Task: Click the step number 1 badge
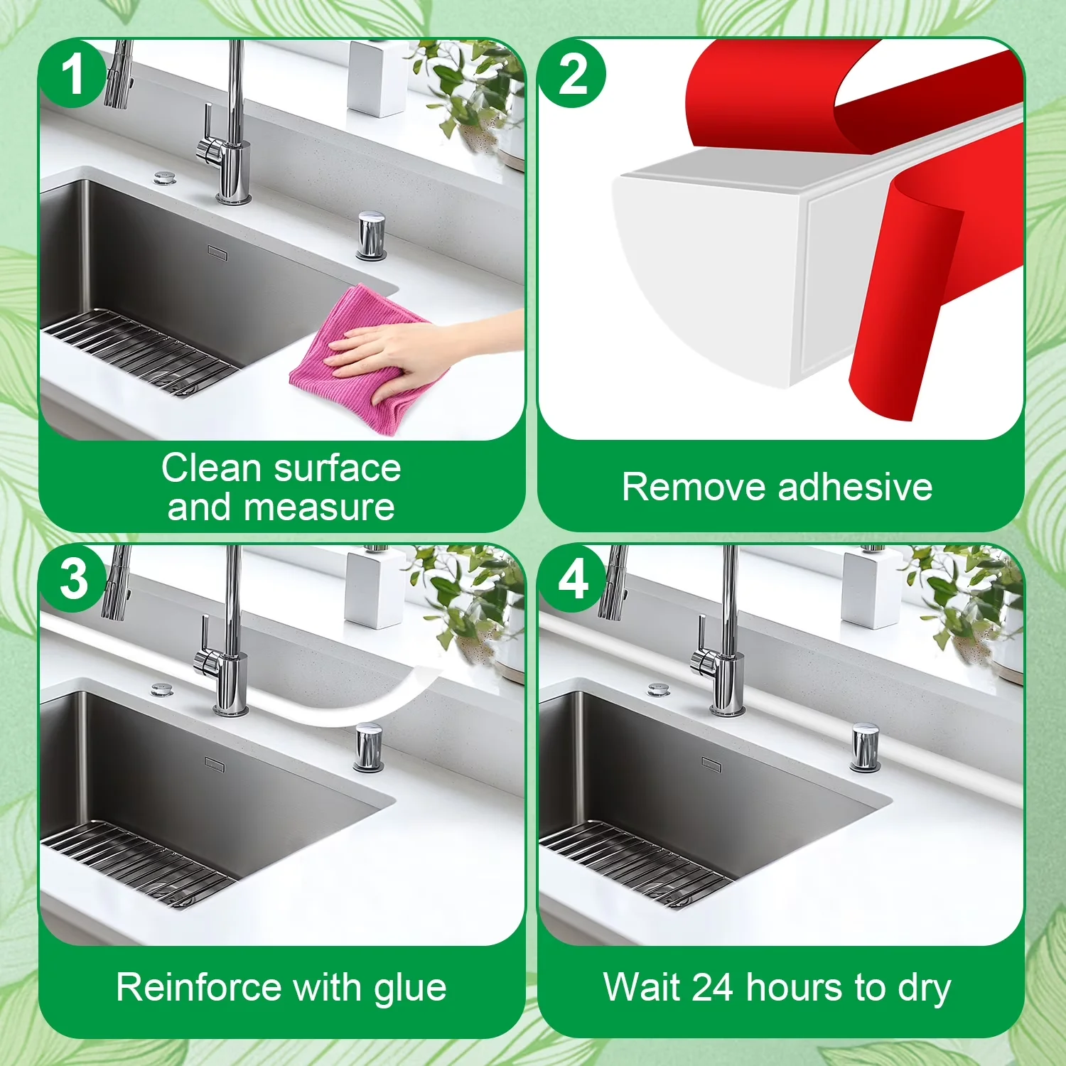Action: coord(72,74)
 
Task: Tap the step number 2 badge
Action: coord(572,74)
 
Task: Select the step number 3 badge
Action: coord(73,578)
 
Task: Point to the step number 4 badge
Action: coord(573,580)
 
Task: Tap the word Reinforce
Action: coord(199,988)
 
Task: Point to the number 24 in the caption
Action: coord(712,988)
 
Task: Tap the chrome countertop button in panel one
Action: coord(371,235)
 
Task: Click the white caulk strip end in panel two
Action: coord(711,277)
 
